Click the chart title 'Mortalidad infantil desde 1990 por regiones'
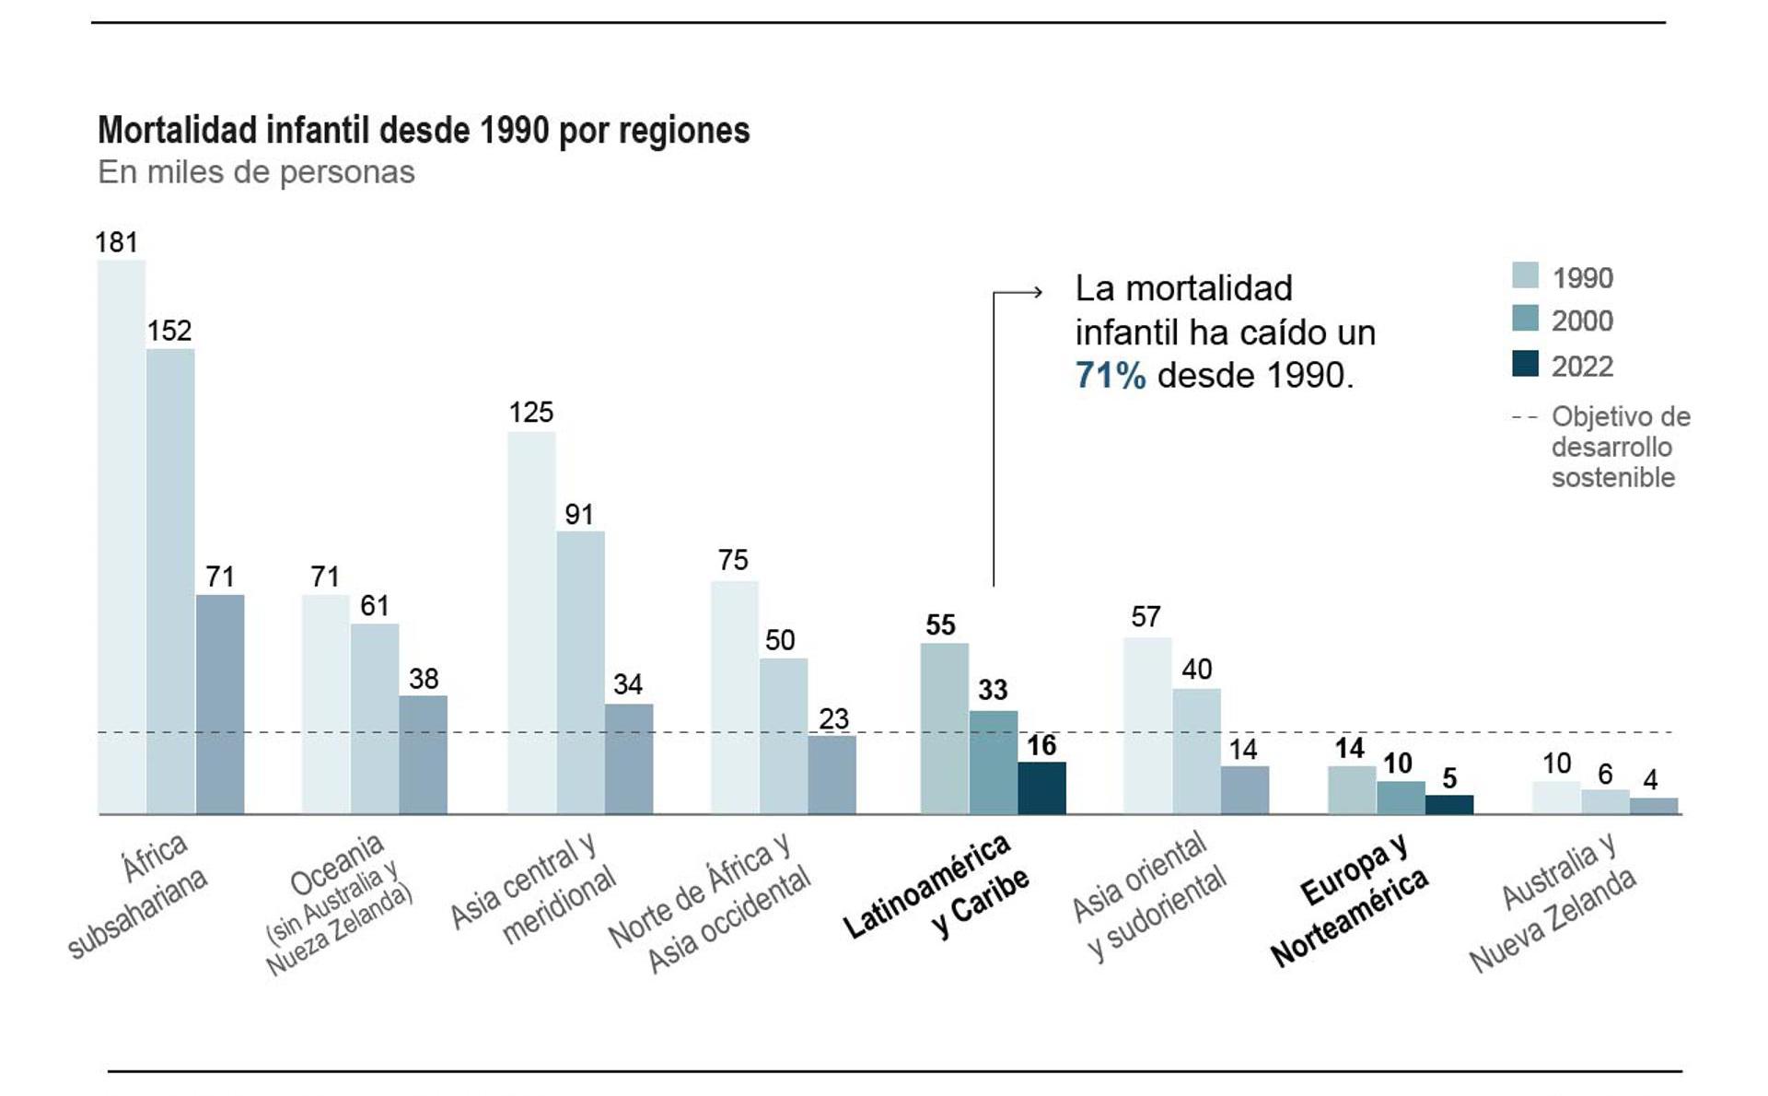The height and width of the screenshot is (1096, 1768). coord(424,131)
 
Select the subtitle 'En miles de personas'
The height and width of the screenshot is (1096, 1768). coord(256,172)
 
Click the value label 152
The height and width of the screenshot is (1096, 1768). coord(169,331)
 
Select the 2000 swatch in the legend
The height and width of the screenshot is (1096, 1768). coord(1525,319)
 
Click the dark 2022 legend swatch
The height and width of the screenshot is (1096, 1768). coord(1525,364)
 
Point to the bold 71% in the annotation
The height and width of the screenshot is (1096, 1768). coord(1111,376)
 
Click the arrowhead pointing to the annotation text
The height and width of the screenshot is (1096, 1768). coord(1037,293)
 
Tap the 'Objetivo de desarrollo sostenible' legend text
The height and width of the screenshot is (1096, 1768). coord(1620,447)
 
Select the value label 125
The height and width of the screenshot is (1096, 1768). coord(531,413)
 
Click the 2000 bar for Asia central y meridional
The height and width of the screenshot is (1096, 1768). coord(580,672)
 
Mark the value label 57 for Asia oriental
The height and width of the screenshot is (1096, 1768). coord(1146,617)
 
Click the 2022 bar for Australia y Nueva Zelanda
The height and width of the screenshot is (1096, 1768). coord(1654,806)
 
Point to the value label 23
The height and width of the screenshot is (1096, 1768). coord(833,718)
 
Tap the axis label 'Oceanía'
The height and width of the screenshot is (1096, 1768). coord(336,864)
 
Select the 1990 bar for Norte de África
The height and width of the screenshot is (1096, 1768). coord(734,697)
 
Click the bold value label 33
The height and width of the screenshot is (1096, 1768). coord(993,690)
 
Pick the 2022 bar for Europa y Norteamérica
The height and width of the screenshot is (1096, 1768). coord(1449,804)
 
